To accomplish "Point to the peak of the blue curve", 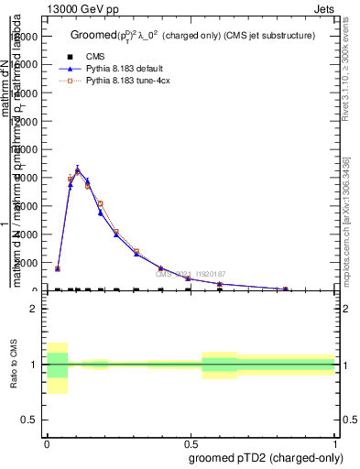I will pyautogui.click(x=78, y=169).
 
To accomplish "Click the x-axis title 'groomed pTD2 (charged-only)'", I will pyautogui.click(x=263, y=457).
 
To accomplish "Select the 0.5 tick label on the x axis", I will pyautogui.click(x=191, y=443).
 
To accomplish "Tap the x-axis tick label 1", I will pyautogui.click(x=334, y=443).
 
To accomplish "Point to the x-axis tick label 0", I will pyautogui.click(x=47, y=443).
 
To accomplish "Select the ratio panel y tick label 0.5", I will pyautogui.click(x=28, y=420).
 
